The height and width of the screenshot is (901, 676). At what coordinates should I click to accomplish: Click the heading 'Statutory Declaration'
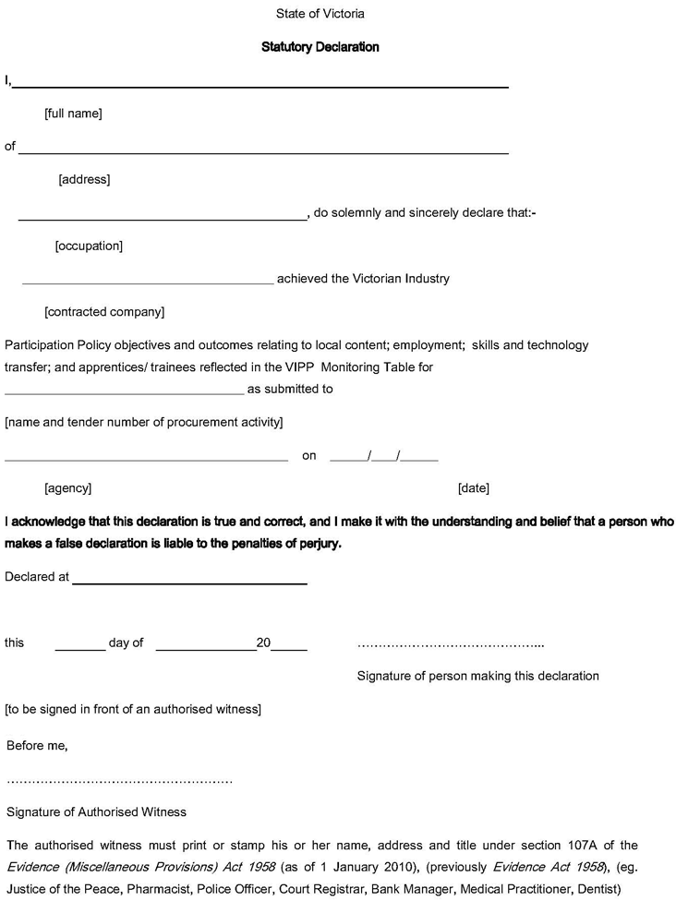click(320, 47)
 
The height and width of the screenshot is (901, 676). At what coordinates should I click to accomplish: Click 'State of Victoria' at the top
click(320, 14)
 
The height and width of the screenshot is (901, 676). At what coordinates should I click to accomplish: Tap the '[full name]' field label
click(73, 114)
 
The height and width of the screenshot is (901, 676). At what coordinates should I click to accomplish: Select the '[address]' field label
click(84, 179)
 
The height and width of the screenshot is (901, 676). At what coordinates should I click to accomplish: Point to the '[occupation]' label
click(89, 246)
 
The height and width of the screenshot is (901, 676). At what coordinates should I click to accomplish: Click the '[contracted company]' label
click(104, 312)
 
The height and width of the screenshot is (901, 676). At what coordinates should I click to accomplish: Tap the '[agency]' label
click(67, 487)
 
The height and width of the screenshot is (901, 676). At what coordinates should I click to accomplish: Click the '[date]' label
click(474, 487)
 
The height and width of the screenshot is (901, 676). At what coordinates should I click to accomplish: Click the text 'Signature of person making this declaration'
click(477, 676)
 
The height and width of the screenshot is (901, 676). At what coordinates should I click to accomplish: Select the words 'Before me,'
click(37, 745)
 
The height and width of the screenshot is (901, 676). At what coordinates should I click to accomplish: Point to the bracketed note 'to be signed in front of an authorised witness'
click(133, 709)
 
